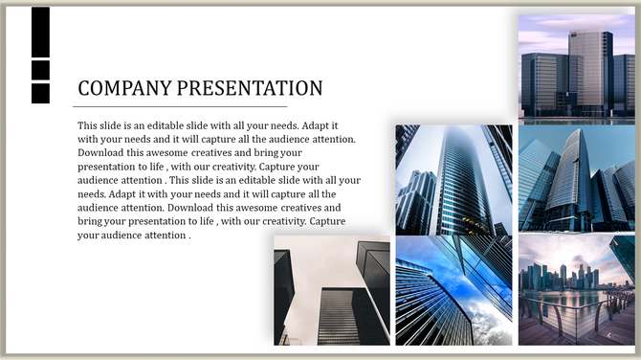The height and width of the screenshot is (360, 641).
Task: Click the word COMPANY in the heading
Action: tap(122, 89)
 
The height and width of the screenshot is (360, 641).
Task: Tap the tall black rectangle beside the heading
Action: tap(40, 32)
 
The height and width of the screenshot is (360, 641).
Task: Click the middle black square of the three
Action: tap(40, 70)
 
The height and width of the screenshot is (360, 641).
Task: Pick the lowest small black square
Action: tap(40, 93)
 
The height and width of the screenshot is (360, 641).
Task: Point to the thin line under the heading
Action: tap(182, 105)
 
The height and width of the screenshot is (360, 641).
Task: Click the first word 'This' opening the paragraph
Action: tap(88, 125)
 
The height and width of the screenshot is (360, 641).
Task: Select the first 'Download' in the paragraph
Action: tap(101, 153)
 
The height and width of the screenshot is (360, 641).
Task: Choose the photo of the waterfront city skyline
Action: tap(576, 289)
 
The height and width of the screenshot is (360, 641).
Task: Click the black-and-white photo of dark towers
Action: tap(331, 291)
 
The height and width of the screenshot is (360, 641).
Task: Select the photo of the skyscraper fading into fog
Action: tap(453, 179)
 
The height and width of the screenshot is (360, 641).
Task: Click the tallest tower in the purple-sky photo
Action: tap(589, 72)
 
